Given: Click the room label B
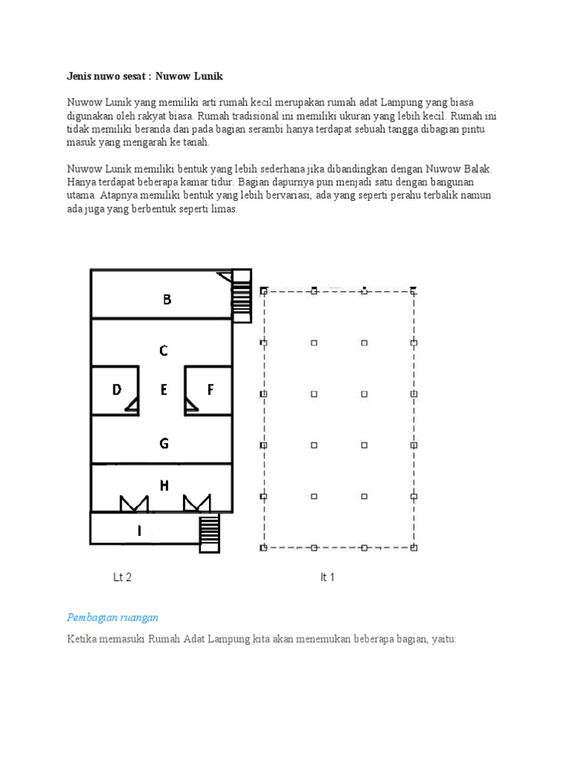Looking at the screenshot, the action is (167, 300).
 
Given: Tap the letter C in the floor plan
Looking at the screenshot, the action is (164, 351).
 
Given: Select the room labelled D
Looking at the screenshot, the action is (116, 390).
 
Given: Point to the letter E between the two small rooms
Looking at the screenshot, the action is (164, 390).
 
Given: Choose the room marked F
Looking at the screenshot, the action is (210, 390).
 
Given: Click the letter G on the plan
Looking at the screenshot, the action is (164, 444).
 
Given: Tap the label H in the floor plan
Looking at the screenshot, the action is (164, 485).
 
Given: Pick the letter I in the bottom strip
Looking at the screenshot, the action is (139, 530).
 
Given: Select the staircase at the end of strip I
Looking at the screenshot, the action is (210, 531).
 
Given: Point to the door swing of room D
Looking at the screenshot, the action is (132, 403).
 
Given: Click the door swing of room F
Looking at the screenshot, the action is (190, 403).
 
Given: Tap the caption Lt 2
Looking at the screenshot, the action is (122, 577).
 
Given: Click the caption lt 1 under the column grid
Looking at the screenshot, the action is (327, 577).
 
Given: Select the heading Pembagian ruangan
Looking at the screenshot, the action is (113, 617).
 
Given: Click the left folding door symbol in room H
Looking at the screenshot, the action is (134, 503).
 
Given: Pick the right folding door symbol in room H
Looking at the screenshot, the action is (196, 503).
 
